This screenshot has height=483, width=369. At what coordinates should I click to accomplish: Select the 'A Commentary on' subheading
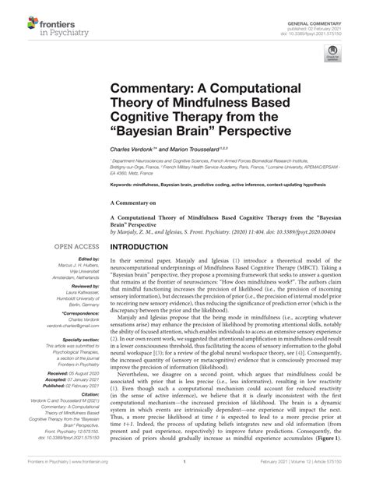pyautogui.click(x=132, y=204)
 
